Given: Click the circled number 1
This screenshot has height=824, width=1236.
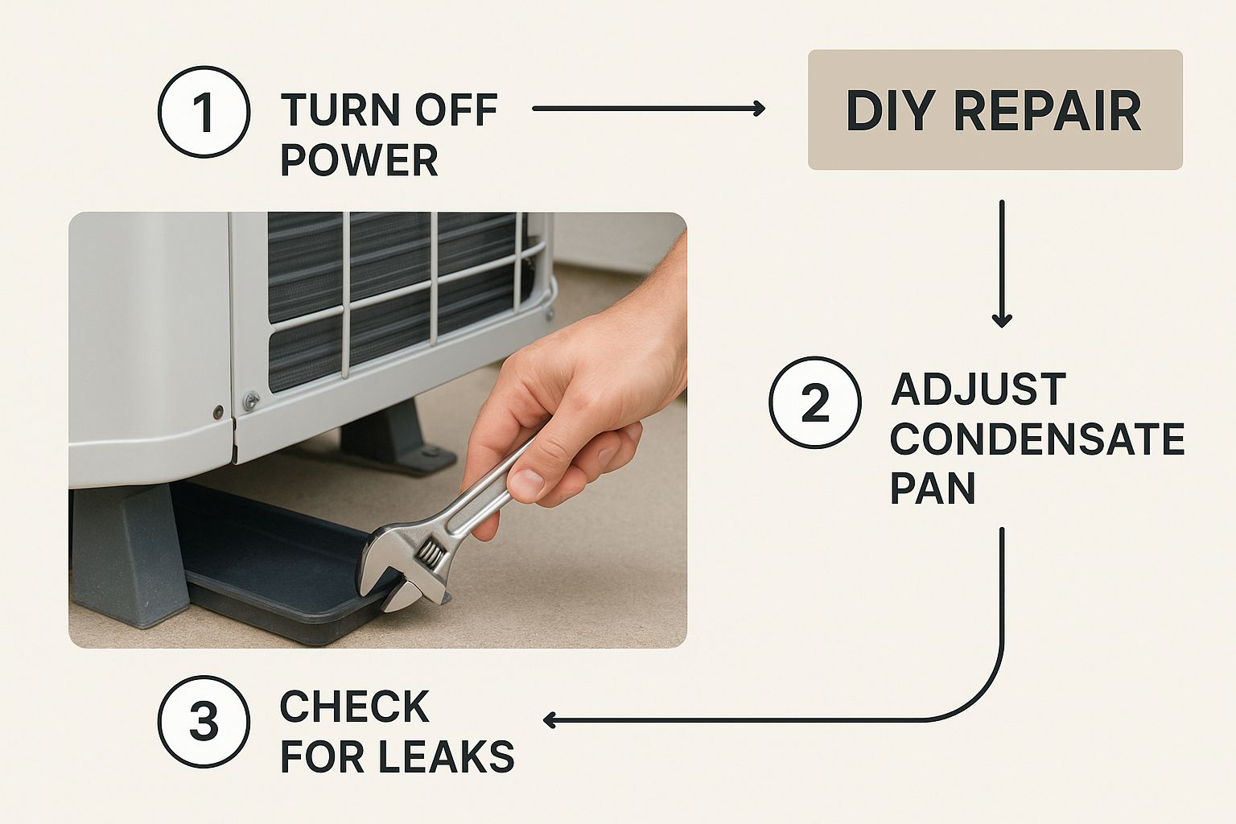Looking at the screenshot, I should click(204, 112).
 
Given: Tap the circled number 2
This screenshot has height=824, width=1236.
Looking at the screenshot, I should click(815, 402).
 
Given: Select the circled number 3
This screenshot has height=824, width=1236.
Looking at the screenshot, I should click(204, 721).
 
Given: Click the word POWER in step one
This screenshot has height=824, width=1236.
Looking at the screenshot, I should click(359, 160).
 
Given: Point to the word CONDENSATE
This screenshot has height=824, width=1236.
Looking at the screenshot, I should click(1037, 439).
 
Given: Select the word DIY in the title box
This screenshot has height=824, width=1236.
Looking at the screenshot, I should click(890, 110).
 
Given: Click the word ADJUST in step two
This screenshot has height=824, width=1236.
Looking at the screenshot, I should click(978, 390).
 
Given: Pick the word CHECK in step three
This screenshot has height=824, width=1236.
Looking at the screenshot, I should click(354, 707).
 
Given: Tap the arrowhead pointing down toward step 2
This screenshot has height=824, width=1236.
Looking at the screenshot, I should click(1001, 320).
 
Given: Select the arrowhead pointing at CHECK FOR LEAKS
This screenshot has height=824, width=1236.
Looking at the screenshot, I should click(550, 719).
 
